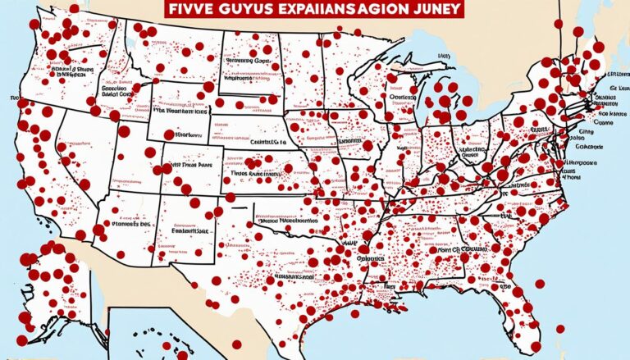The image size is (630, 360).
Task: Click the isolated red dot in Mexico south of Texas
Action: [236, 344]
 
